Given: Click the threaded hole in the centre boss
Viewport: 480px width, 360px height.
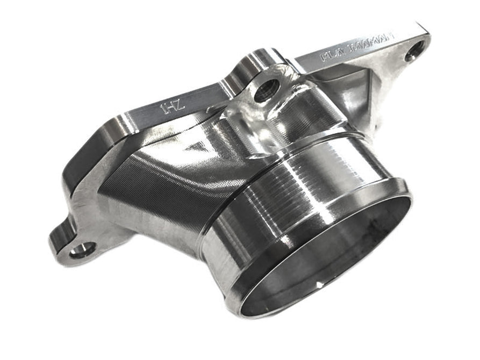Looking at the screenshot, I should [x=265, y=90].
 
